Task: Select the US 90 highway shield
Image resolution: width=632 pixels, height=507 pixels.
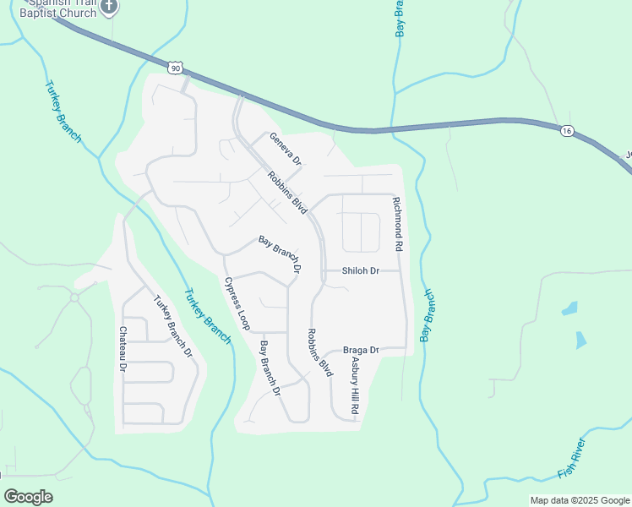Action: pos(174,67)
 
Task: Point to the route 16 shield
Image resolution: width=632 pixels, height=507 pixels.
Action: pos(565,130)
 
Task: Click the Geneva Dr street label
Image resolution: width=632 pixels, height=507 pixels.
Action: pos(286,149)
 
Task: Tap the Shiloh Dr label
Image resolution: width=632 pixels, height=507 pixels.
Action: pos(361,271)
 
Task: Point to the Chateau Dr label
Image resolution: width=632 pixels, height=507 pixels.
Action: pos(123,350)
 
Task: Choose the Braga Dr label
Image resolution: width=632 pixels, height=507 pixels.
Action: pos(362,350)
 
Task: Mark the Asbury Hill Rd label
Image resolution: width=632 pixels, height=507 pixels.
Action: pos(356,384)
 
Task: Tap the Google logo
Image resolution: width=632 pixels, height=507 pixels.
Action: pos(28,496)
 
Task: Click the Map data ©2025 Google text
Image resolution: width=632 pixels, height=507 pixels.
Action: pos(579,500)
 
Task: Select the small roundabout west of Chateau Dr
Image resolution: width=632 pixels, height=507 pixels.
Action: pos(74,297)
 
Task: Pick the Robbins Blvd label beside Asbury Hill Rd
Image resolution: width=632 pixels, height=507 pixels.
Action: pos(319,353)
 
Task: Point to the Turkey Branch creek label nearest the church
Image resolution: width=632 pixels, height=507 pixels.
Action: pos(63,111)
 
